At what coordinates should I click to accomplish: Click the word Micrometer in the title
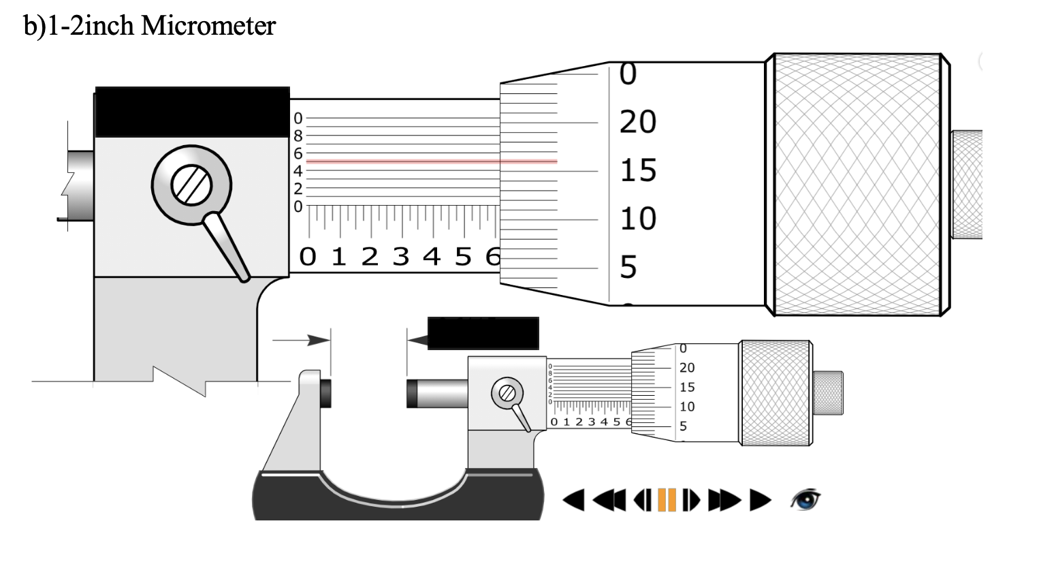pos(208,26)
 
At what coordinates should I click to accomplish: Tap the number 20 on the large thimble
pos(638,123)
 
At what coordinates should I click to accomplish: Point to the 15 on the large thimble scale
pos(638,171)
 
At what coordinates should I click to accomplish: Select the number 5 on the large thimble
pos(628,267)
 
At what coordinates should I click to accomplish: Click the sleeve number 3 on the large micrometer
pos(400,257)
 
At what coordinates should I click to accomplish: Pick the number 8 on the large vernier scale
pos(298,136)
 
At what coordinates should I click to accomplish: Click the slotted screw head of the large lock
pos(191,185)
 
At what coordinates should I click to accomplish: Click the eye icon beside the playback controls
pos(805,500)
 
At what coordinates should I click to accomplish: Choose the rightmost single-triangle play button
pos(760,500)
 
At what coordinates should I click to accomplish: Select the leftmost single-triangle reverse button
pos(574,500)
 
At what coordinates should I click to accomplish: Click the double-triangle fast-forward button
pos(724,500)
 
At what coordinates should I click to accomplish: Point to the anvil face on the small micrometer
pos(326,393)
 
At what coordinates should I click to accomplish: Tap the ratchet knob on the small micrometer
pos(828,393)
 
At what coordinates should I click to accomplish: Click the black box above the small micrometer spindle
pos(483,333)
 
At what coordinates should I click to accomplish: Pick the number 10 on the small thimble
pos(687,407)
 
